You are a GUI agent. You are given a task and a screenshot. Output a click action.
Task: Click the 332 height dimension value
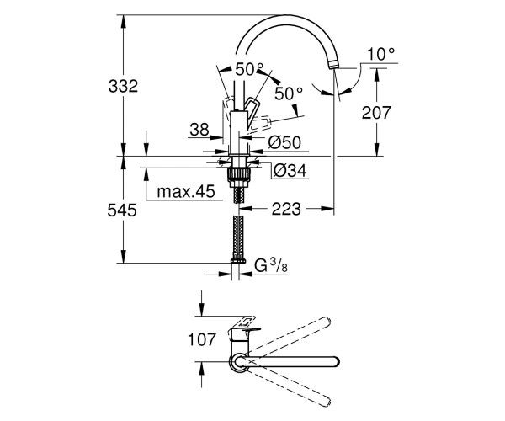coord(123,86)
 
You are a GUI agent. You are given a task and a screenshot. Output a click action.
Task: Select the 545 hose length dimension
coord(122,210)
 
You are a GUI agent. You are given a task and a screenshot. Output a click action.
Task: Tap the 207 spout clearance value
coord(376,113)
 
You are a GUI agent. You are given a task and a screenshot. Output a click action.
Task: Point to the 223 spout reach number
coord(286,209)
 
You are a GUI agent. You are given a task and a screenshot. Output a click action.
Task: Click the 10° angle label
coord(381,54)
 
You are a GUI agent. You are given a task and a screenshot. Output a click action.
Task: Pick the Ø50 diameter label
coord(284,142)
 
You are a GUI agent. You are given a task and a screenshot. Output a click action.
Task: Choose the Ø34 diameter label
coord(290,170)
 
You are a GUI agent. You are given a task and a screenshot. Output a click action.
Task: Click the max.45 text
coord(186,191)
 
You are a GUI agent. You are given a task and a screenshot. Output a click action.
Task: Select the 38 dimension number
coord(199,130)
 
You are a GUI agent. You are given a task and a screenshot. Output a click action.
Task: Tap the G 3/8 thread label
coord(270,266)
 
